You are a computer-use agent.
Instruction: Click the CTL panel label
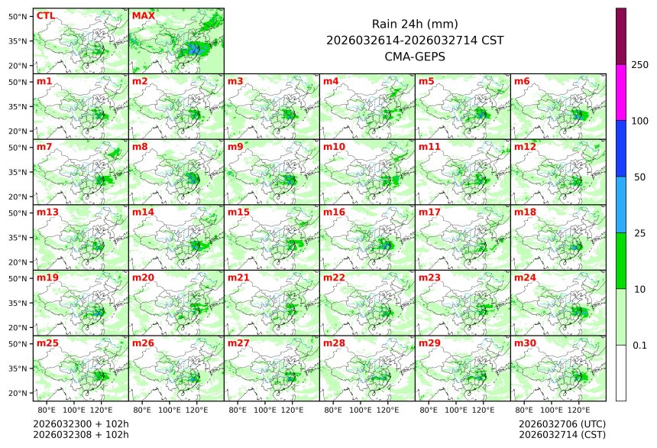click(45, 15)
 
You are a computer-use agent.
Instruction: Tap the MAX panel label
click(143, 15)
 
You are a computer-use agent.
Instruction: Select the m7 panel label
click(44, 146)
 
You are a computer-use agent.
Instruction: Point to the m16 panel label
click(334, 212)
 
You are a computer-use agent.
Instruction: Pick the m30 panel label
click(525, 342)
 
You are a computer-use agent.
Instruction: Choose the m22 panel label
click(334, 278)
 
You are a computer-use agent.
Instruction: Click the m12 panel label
click(525, 146)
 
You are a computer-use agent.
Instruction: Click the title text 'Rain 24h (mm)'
click(415, 24)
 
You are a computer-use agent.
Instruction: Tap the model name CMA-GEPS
click(415, 56)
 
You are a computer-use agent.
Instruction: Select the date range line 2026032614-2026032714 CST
click(415, 40)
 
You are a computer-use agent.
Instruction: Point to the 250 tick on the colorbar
click(639, 65)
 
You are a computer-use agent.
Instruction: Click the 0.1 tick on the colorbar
click(639, 346)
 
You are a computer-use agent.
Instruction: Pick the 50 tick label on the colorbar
click(639, 177)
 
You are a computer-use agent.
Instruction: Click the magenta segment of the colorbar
click(621, 92)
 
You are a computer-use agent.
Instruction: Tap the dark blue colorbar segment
click(621, 148)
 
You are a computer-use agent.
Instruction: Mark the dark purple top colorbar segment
click(621, 36)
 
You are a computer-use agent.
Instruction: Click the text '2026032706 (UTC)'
click(562, 424)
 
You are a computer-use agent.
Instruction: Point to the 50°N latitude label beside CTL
click(18, 16)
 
